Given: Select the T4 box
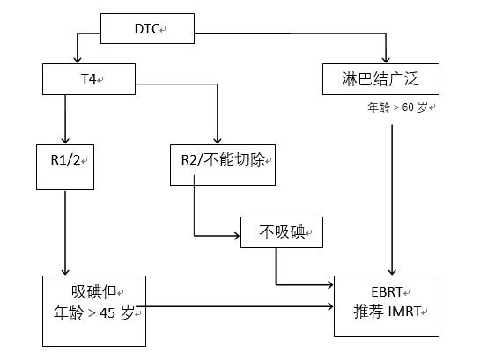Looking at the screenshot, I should [88, 79].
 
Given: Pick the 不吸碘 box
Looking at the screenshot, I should [281, 232].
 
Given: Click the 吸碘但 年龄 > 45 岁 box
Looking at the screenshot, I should [92, 303].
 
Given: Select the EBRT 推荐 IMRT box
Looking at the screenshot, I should [387, 305].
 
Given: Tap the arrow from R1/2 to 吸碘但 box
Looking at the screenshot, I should [66, 229].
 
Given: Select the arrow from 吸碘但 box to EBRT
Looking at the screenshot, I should [238, 307].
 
